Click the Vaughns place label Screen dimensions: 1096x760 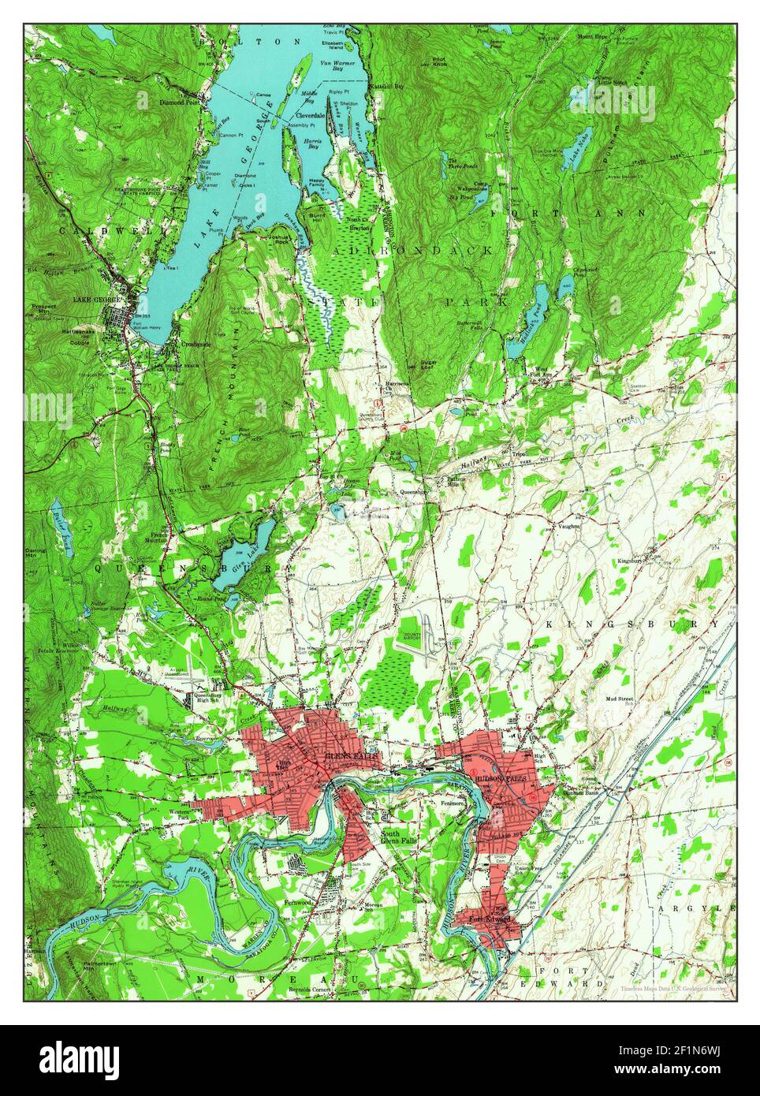pyautogui.click(x=568, y=525)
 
